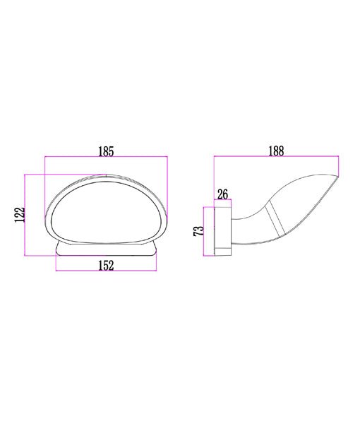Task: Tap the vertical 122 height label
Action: [x=20, y=216]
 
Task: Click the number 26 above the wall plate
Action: [x=222, y=194]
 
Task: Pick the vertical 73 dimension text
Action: [x=198, y=230]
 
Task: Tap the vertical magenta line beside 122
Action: [x=28, y=216]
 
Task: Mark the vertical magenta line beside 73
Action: [x=205, y=230]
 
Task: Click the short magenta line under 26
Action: [x=222, y=203]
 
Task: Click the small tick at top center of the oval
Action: [x=105, y=176]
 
